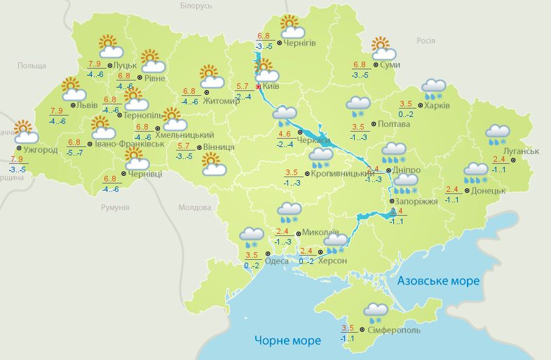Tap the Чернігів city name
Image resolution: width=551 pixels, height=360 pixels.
tap(300, 43)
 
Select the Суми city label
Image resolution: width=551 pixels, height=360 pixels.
tap(390, 64)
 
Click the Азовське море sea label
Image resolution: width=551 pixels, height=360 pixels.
tap(439, 281)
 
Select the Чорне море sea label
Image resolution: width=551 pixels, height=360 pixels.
tap(288, 341)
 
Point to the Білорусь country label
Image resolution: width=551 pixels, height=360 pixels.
tap(196, 6)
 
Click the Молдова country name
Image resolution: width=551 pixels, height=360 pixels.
tap(195, 207)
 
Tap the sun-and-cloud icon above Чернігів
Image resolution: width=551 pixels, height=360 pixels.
tap(292, 27)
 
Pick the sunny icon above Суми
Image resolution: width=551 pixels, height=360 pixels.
tap(383, 48)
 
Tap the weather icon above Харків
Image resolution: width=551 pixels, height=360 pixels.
tap(433, 88)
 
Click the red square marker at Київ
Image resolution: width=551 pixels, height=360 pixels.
tap(258, 87)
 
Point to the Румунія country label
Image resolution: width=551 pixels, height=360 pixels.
tap(115, 207)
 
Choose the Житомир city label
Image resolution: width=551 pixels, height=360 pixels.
tap(222, 100)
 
